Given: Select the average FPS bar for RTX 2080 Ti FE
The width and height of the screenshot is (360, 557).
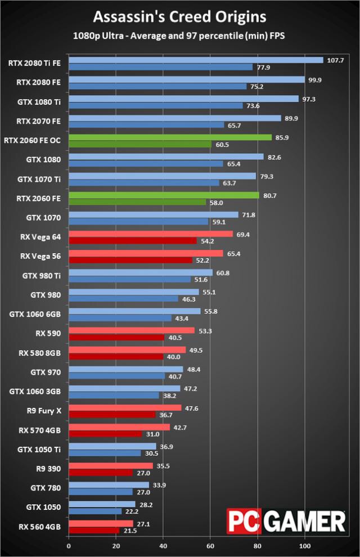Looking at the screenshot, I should click(196, 60).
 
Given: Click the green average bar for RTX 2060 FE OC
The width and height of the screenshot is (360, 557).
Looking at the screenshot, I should click(170, 137).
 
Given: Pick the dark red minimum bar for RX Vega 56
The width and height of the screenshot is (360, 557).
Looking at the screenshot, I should click(130, 260).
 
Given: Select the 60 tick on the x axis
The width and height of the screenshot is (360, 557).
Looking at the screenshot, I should click(210, 545).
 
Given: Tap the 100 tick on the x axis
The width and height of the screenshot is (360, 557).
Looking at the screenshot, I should click(305, 545).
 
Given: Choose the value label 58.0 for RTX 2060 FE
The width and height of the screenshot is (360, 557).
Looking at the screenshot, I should click(216, 202).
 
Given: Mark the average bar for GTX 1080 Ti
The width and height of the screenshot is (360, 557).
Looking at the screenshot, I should click(183, 99).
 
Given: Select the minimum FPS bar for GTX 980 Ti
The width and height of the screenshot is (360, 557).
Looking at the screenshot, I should click(129, 280).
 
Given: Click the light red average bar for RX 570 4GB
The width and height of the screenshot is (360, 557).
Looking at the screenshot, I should click(119, 427).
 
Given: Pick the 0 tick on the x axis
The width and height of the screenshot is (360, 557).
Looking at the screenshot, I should click(69, 545).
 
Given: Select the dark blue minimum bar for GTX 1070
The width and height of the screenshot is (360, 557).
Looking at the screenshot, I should click(138, 221).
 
